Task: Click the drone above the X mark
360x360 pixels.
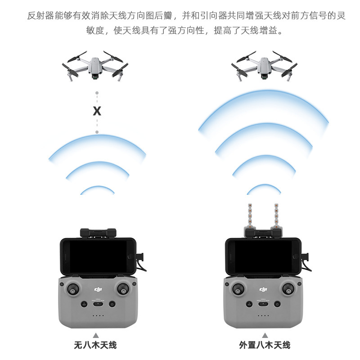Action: [95, 67]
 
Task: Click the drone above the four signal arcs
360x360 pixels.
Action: [265, 67]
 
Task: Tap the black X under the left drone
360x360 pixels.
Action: [97, 111]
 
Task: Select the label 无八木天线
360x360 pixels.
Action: [95, 346]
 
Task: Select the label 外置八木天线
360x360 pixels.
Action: [265, 346]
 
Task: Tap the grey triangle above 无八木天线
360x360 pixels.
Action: [95, 335]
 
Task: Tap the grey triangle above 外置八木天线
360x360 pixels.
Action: [265, 335]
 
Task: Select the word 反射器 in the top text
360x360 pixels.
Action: [38, 16]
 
